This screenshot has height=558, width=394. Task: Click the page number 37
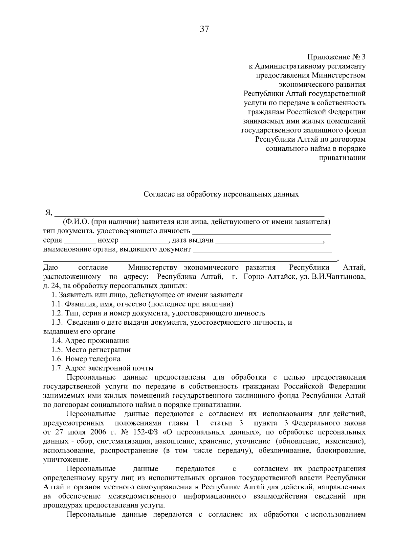pyautogui.click(x=204, y=30)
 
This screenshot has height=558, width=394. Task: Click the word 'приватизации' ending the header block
pyautogui.click(x=342, y=158)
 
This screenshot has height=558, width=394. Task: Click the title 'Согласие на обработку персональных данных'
pyautogui.click(x=221, y=194)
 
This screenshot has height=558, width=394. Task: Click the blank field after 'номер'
pyautogui.click(x=144, y=241)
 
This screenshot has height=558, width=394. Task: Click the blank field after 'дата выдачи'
pyautogui.click(x=270, y=241)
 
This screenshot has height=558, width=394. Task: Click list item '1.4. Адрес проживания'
pyautogui.click(x=90, y=340)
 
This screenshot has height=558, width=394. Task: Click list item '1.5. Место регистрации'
pyautogui.click(x=91, y=350)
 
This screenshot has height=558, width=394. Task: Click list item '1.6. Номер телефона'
pyautogui.click(x=86, y=359)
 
